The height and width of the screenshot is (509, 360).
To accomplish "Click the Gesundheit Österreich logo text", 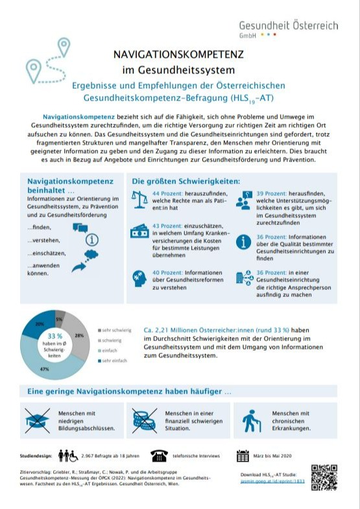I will point(288,26).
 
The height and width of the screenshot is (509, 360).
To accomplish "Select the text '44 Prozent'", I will point(166,193).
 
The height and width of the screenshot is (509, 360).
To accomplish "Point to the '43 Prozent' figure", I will point(166,226).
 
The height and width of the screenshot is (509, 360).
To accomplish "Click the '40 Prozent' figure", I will point(166,273).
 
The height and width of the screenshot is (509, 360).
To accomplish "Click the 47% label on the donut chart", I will point(45,369).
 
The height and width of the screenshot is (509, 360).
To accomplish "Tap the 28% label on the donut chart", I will point(79,335).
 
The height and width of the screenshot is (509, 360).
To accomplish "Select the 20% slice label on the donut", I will point(40,323).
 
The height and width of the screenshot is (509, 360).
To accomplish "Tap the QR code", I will point(324,477).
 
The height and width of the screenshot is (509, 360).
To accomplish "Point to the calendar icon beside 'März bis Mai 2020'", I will point(243,456).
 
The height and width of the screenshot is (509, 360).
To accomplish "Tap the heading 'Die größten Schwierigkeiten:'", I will point(186,181).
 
